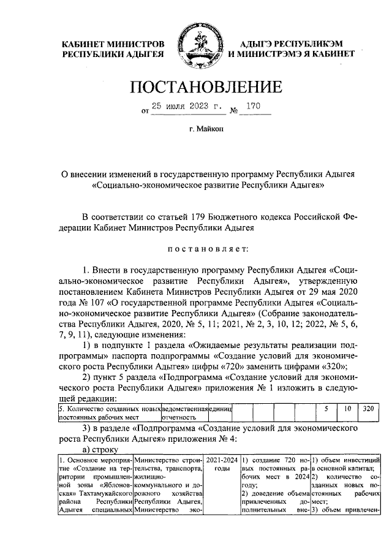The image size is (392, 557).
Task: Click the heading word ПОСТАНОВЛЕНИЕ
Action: click(196, 87)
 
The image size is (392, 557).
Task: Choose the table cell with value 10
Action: click(346, 408)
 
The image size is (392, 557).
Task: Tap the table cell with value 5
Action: click(326, 408)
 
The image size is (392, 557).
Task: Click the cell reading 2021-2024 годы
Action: click(219, 464)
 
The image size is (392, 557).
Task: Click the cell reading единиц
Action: click(220, 408)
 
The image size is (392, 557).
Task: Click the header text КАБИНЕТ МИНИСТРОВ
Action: click(115, 44)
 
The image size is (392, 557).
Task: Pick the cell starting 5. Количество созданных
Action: click(108, 412)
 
